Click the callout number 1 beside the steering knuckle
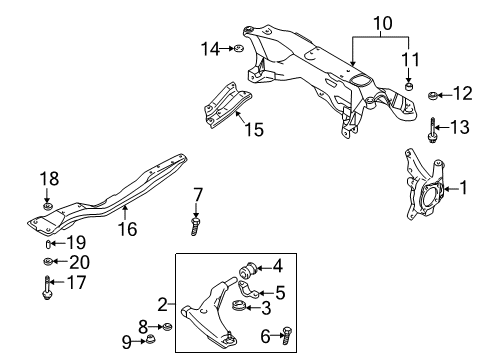point(464,186)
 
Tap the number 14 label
point(208,47)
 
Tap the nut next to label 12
point(433,96)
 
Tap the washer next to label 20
point(47,262)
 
